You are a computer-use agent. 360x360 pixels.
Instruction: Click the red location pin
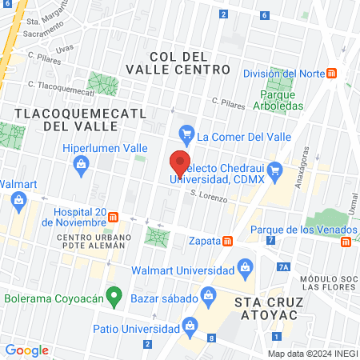(x=180, y=162)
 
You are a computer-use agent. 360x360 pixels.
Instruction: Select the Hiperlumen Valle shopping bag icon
(x=81, y=165)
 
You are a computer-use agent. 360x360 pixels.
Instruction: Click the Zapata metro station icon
(x=228, y=241)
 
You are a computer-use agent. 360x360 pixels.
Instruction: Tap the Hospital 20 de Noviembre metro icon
(x=114, y=217)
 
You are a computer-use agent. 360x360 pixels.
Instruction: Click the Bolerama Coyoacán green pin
(x=114, y=298)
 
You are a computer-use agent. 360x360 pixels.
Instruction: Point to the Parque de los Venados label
(x=295, y=230)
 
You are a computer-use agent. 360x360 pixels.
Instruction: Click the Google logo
(x=26, y=350)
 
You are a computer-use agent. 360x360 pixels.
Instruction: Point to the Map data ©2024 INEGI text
(x=311, y=354)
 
